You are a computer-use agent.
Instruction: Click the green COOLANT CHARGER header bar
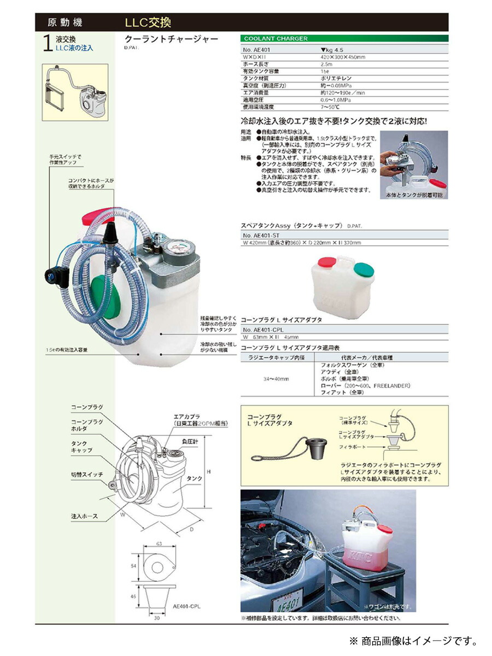pyautogui.click(x=344, y=39)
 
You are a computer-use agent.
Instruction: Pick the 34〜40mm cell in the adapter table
pyautogui.click(x=276, y=378)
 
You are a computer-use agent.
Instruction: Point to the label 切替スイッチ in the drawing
pyautogui.click(x=87, y=475)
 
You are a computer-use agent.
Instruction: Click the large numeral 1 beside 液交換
pyautogui.click(x=47, y=46)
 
